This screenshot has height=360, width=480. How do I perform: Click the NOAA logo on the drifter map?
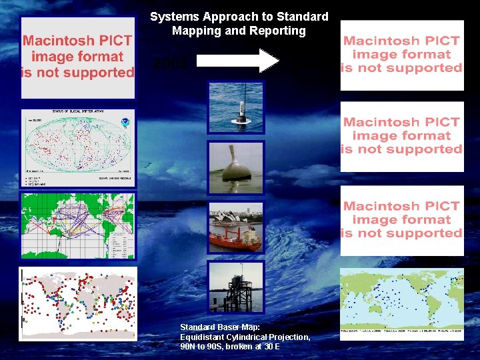click(124, 123)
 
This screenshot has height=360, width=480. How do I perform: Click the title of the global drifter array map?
click(77, 112)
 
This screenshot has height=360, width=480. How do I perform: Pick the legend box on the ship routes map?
click(121, 243)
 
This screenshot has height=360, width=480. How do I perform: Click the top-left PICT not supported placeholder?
click(78, 57)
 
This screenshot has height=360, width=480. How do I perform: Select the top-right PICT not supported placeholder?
click(401, 55)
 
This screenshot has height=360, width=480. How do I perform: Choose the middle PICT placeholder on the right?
click(401, 136)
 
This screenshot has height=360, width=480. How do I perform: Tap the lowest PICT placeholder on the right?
click(401, 220)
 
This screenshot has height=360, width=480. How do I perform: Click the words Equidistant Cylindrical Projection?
click(245, 337)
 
